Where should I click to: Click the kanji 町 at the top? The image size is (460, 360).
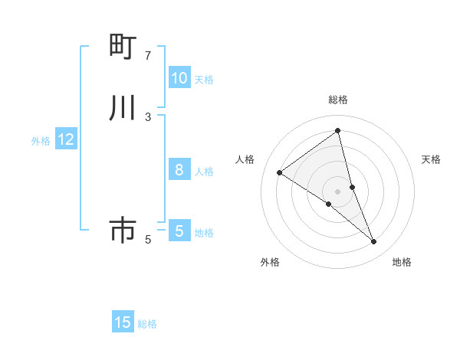(123, 46)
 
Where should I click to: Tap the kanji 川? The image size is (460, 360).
(123, 108)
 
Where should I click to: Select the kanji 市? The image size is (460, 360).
(123, 230)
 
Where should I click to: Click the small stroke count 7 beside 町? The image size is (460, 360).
(148, 55)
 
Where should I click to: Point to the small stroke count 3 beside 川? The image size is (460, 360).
(148, 116)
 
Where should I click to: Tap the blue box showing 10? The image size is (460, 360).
(179, 77)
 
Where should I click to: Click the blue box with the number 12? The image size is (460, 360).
(66, 139)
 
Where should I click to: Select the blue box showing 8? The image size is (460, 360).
(179, 170)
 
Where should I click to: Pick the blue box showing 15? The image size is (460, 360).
(123, 322)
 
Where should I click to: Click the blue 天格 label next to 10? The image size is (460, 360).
(204, 79)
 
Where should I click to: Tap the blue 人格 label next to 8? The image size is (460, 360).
(204, 172)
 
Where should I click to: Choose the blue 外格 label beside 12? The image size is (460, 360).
(41, 141)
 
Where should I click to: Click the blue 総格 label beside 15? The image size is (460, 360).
(147, 324)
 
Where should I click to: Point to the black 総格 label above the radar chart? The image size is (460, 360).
(338, 100)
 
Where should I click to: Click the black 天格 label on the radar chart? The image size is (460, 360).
(431, 159)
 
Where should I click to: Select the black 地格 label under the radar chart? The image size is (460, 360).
(402, 262)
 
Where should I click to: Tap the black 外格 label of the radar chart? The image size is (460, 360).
(270, 262)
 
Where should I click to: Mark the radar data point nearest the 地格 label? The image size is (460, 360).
(374, 242)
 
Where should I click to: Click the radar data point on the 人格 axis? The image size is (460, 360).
(280, 172)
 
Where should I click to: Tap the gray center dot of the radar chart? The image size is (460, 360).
(338, 191)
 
